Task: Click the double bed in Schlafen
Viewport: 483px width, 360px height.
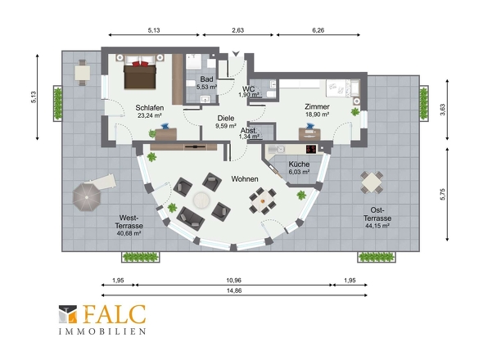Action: coord(140,72)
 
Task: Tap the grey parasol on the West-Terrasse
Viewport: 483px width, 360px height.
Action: coord(87,197)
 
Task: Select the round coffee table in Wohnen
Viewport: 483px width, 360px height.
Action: coord(201,200)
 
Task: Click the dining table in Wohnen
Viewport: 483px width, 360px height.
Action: coord(263,200)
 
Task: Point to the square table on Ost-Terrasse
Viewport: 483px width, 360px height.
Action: coord(372,182)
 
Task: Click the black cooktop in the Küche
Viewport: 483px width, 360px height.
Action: coord(311,149)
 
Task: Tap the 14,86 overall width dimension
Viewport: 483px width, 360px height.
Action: coord(234,290)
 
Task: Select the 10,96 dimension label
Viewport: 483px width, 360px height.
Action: coord(234,281)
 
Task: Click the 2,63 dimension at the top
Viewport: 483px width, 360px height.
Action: coord(237,30)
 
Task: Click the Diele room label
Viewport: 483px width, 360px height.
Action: coord(226,118)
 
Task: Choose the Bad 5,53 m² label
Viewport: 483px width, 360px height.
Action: coord(206,83)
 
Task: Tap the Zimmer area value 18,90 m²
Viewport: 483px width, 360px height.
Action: coord(317,115)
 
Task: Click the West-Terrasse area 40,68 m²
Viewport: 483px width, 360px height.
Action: coord(129,233)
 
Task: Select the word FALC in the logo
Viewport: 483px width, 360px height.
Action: coord(115,314)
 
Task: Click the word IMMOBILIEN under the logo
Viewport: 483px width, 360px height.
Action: coord(102,331)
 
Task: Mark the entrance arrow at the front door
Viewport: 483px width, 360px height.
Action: coord(236,53)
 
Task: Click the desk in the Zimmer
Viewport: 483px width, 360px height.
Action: coord(309,134)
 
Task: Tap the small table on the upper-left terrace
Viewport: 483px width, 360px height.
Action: coord(82,73)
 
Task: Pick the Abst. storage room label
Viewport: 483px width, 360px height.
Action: coord(249,131)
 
